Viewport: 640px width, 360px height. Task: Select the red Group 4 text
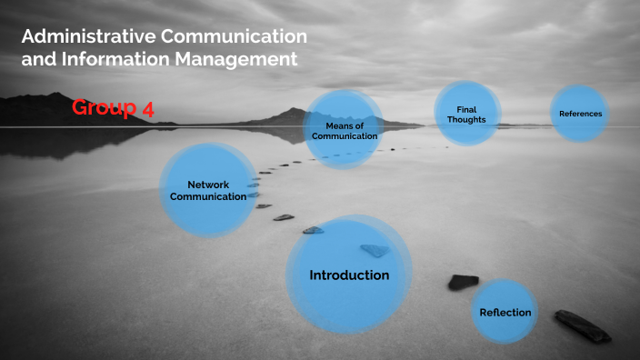point(113,108)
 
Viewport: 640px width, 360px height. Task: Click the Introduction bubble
point(349,275)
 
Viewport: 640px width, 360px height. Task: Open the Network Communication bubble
point(208,190)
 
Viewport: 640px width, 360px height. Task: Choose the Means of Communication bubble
point(344,130)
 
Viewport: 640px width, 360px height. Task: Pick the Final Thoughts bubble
point(466,115)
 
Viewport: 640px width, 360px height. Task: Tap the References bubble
point(580,114)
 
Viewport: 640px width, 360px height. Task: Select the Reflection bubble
point(505,312)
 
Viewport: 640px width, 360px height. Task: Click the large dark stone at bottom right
point(583,325)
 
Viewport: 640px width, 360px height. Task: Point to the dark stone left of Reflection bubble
point(463,282)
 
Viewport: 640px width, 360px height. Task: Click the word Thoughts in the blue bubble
point(466,120)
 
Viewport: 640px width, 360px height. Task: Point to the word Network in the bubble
point(208,185)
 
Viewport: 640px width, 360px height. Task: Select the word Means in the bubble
point(344,125)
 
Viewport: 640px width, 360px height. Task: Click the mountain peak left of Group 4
point(55,96)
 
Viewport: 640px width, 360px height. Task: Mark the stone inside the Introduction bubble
point(374,250)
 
